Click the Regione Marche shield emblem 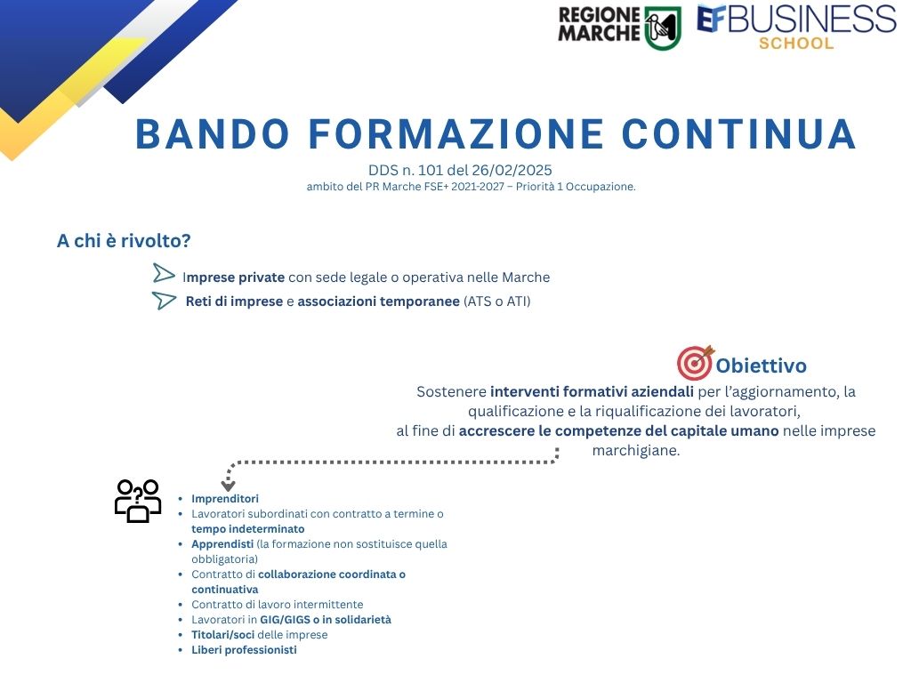[x=663, y=28]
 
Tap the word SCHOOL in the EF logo [x=796, y=43]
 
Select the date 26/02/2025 [x=512, y=170]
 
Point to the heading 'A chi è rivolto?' [x=124, y=240]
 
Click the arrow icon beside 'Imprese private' [x=164, y=274]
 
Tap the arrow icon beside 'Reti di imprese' [x=164, y=301]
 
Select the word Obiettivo [x=762, y=366]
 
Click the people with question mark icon [x=138, y=501]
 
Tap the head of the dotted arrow [x=229, y=485]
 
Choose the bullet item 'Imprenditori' [x=225, y=498]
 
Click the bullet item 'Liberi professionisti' [x=244, y=649]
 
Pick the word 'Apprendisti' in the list [x=222, y=544]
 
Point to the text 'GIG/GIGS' [x=285, y=620]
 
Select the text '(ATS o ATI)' [x=496, y=301]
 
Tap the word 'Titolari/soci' [x=223, y=635]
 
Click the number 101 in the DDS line [x=431, y=170]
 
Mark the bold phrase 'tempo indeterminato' [x=248, y=529]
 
